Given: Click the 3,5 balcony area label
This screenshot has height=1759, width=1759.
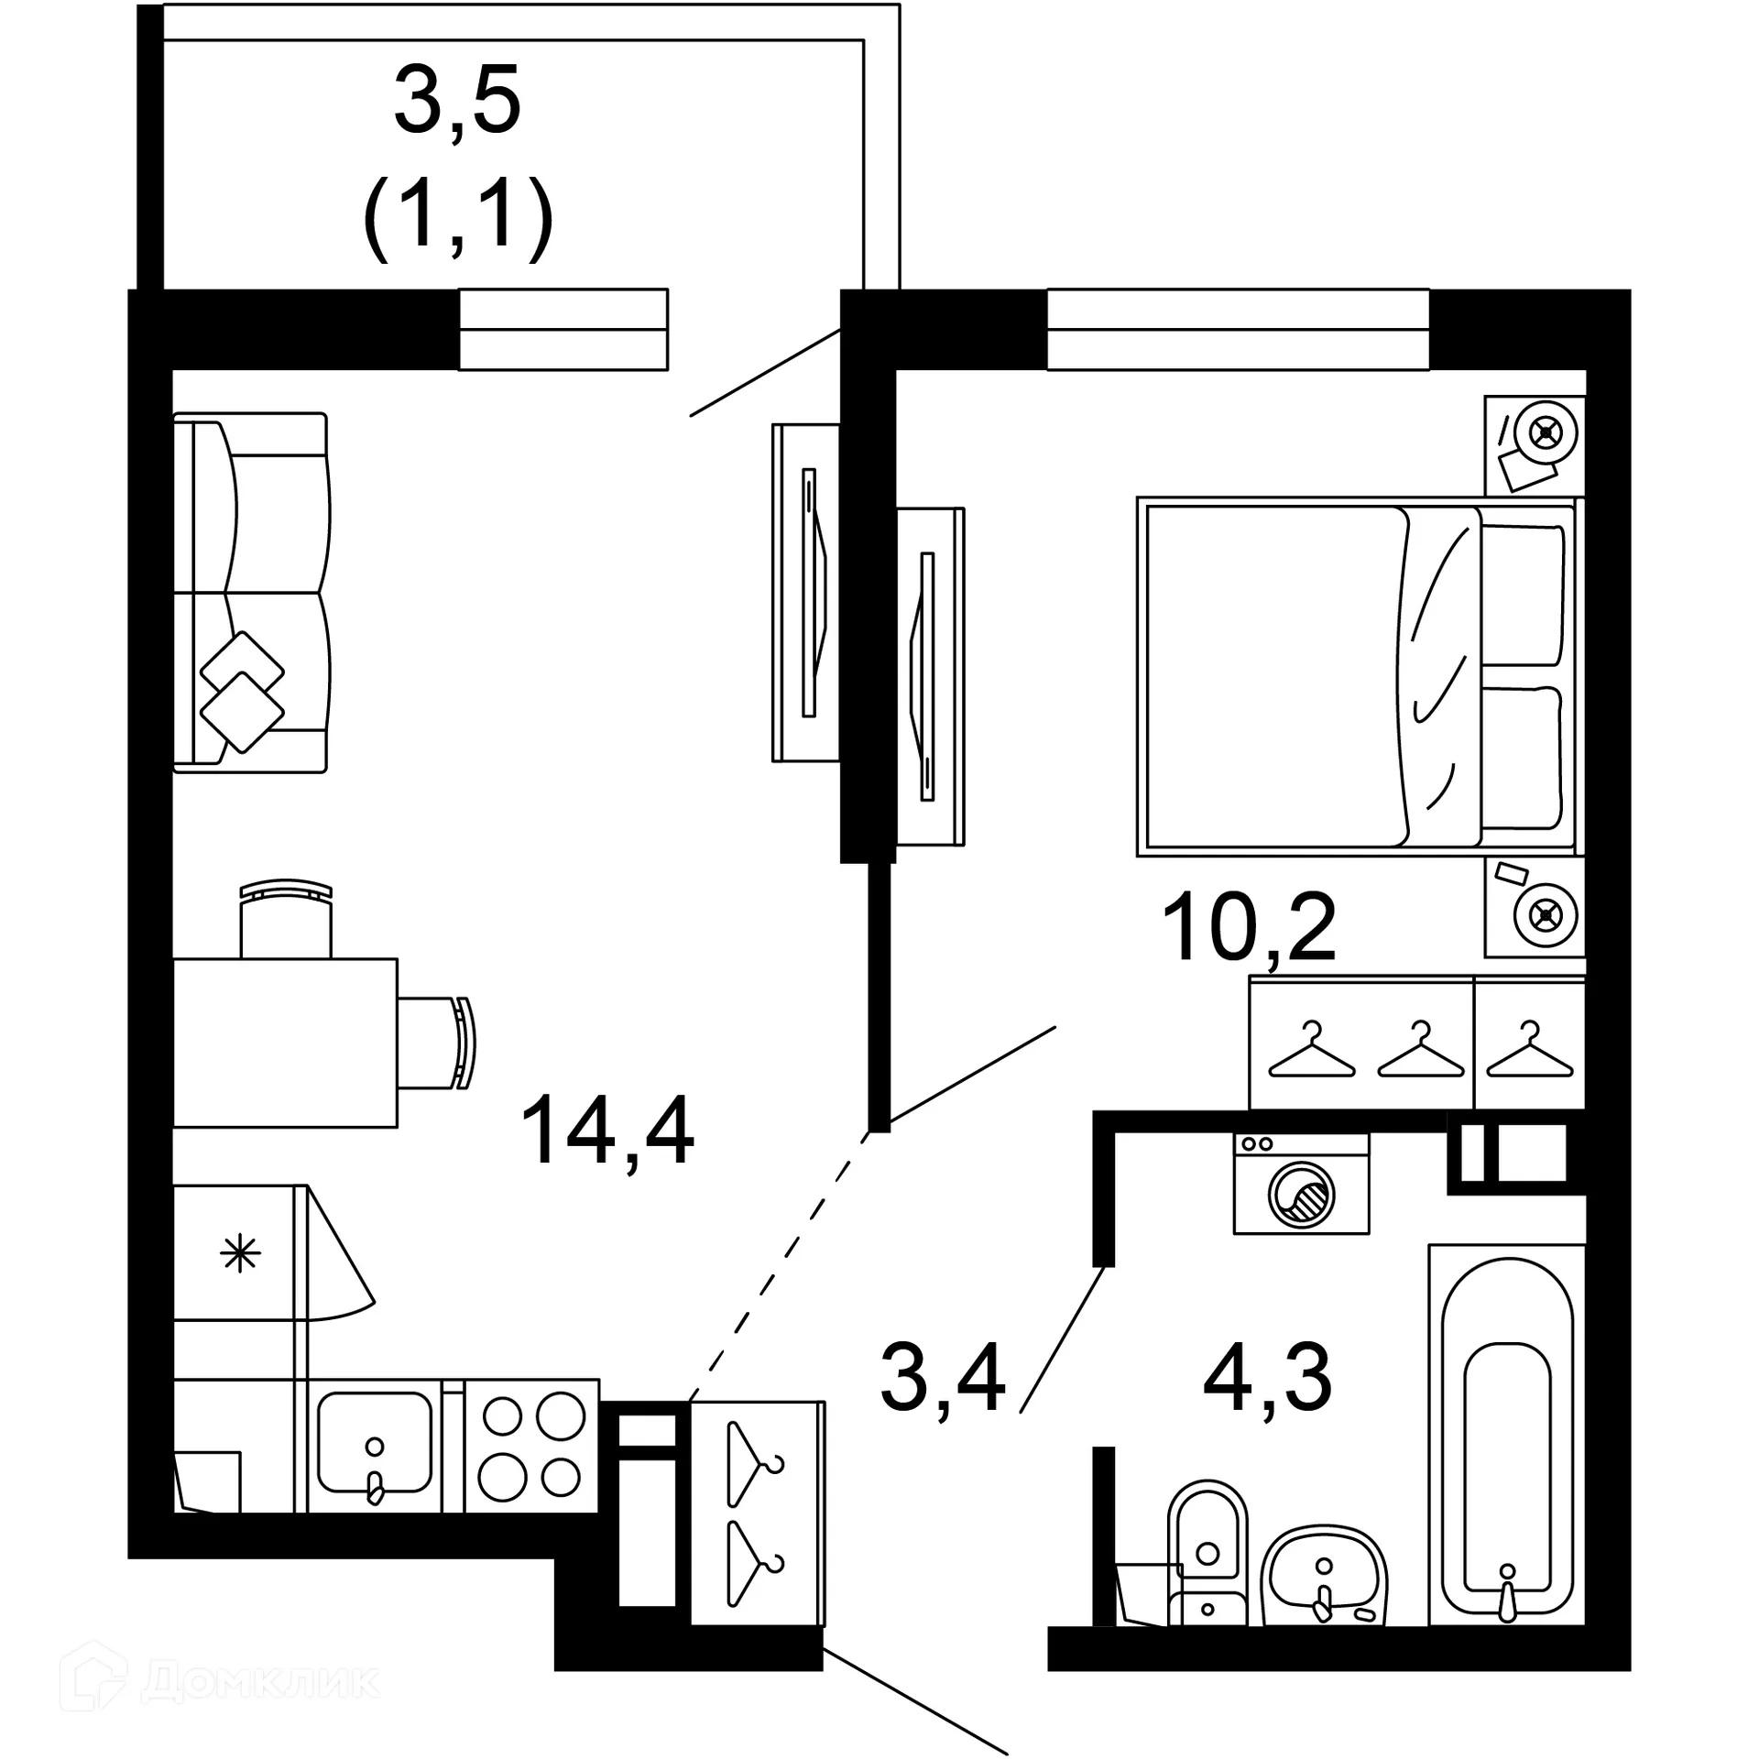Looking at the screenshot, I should [x=457, y=100].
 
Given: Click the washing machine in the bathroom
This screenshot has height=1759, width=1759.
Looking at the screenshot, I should [x=1301, y=1183].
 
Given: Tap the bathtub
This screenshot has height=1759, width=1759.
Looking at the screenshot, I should [x=1507, y=1434].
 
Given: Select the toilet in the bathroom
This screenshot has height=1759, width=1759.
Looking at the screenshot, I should [x=1206, y=1552].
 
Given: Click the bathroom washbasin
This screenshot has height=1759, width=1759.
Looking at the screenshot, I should [x=1323, y=1575].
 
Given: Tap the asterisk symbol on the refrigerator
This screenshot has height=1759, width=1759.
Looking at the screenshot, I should [x=241, y=1252].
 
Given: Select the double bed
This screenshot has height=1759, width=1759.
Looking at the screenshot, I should [x=1356, y=677].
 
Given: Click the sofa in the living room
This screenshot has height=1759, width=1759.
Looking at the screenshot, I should [x=251, y=593].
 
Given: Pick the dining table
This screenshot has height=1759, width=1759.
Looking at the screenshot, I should [x=285, y=1043].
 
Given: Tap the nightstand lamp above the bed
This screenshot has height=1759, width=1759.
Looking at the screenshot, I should [x=1546, y=432].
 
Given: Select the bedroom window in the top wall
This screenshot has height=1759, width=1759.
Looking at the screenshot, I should [x=1237, y=330].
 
